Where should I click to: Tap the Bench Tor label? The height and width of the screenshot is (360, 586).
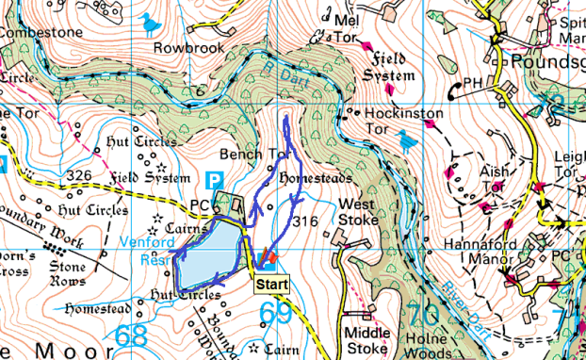click(x=251, y=154)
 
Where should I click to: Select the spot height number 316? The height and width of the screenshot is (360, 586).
click(x=305, y=221)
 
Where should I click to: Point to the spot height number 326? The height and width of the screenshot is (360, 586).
click(x=79, y=175)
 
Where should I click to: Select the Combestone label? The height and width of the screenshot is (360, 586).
click(x=39, y=31)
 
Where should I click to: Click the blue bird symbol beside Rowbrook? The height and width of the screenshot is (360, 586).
click(x=149, y=21)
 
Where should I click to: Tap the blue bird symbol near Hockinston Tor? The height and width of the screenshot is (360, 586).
click(x=407, y=141)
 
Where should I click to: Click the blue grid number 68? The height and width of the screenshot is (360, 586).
click(x=132, y=335)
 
